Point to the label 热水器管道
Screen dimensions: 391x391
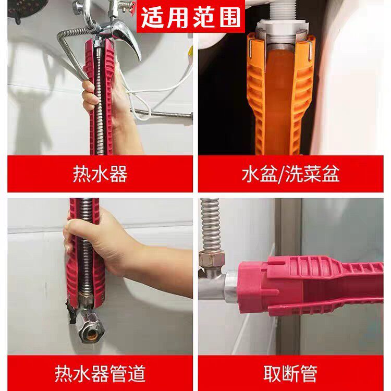tap(100, 373)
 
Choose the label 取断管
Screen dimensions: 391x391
tap(290, 373)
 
